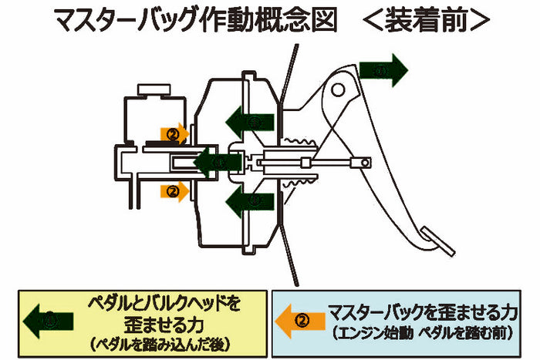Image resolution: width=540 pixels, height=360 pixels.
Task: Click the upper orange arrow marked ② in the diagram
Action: tap(174, 133)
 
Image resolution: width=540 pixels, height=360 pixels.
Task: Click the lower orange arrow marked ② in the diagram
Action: tap(174, 189)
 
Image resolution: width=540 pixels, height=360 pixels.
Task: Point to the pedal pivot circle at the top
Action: tap(337, 89)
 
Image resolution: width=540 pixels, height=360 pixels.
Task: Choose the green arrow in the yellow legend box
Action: tap(49, 318)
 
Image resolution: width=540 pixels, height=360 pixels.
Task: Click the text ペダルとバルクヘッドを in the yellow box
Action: tap(164, 301)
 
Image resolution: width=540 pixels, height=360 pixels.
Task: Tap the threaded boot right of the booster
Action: tap(302, 162)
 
